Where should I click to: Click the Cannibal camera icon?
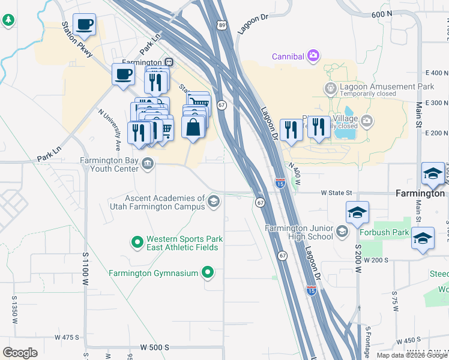[x=313, y=56]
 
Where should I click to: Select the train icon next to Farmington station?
[x=170, y=62]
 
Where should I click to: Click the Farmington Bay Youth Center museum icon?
[x=147, y=163]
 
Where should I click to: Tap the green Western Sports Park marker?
[x=137, y=242]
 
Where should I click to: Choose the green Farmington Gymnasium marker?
[x=208, y=273]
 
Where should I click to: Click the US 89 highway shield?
[x=223, y=25]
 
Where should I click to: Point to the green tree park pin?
[x=8, y=20]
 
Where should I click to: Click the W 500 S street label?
[x=155, y=347]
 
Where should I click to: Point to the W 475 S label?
[x=67, y=337]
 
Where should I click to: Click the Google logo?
[x=20, y=353]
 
